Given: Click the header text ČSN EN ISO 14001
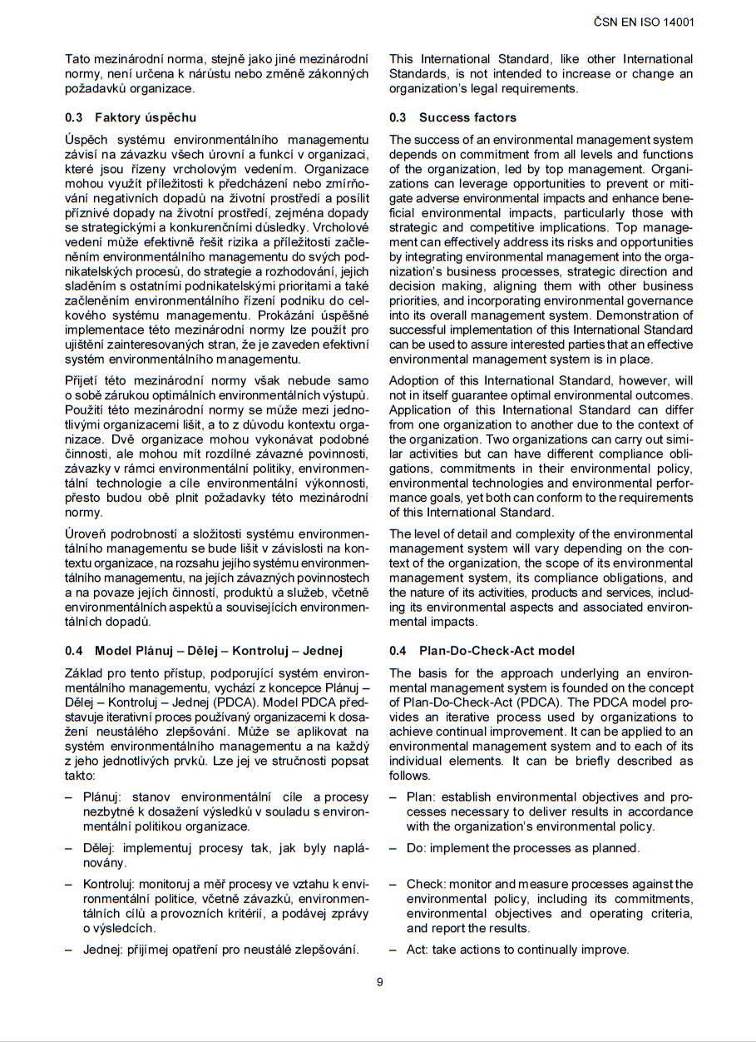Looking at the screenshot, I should (644, 22).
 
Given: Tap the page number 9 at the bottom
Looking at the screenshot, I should (380, 982).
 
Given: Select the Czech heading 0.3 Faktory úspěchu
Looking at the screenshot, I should (131, 117).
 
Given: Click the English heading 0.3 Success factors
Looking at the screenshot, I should (452, 117).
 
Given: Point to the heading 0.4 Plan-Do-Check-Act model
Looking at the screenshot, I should (482, 651).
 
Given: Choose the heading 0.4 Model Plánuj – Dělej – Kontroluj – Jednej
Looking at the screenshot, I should (204, 651).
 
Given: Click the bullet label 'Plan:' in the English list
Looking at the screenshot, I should (421, 796).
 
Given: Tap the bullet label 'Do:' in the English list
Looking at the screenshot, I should (415, 848).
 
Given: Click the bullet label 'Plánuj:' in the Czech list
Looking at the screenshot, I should (102, 796).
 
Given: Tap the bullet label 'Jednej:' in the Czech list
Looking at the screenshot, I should (103, 950).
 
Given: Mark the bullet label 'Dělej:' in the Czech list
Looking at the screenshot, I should (100, 848).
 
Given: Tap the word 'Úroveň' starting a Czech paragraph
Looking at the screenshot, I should (84, 533).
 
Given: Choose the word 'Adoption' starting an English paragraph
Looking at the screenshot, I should (414, 380).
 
